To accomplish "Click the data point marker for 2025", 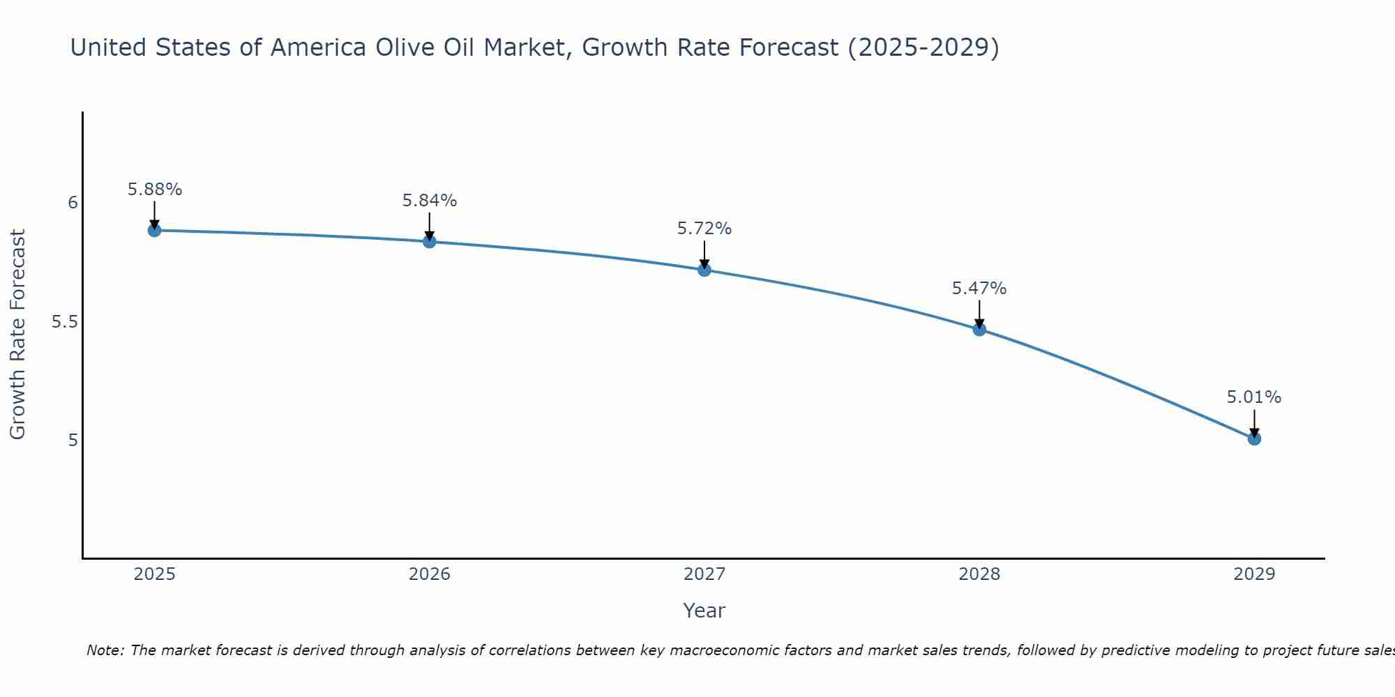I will click(154, 230).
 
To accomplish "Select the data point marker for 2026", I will click(429, 241).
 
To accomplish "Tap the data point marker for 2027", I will click(704, 270).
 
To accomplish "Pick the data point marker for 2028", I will click(979, 329).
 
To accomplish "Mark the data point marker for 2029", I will click(1254, 438).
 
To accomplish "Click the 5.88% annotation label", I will click(154, 190).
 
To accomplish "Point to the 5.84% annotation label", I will click(429, 201).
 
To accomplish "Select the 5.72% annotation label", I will click(704, 229).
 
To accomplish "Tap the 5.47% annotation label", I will click(979, 289).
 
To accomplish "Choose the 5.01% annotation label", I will click(1254, 397).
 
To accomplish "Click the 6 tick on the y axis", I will click(73, 203).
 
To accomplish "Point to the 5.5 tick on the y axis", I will click(64, 322).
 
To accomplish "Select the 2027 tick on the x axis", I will click(704, 574).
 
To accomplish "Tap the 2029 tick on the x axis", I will click(1254, 574).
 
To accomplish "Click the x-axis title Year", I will click(704, 611).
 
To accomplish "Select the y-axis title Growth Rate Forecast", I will click(17, 335).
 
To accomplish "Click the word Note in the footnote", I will click(104, 650).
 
